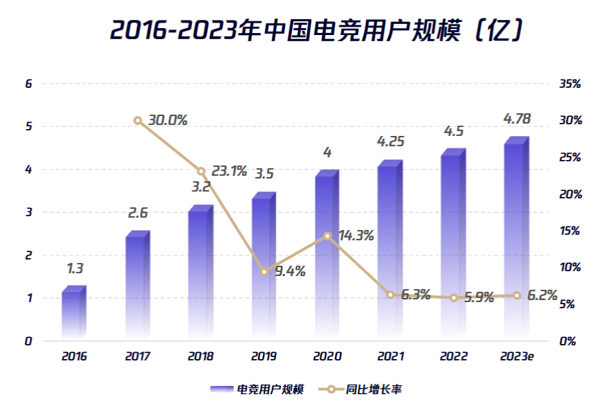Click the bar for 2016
coord(73,314)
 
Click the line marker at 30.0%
coord(138,121)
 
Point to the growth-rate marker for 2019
coord(264,272)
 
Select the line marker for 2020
coord(327,236)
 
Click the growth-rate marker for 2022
coord(454,297)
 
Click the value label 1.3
coord(74,268)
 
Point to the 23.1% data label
coord(229,170)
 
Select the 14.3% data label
coord(356,236)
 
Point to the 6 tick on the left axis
coord(29,84)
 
